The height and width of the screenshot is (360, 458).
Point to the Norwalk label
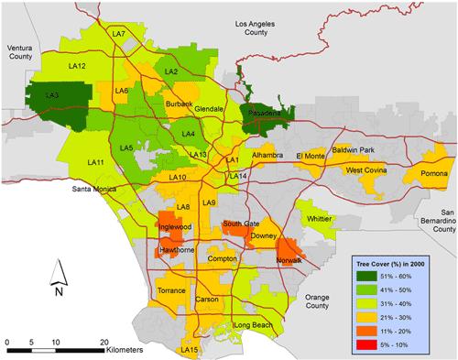coord(294,261)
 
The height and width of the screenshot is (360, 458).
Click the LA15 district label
coord(191,349)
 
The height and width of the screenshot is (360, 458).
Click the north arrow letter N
coord(57,292)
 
